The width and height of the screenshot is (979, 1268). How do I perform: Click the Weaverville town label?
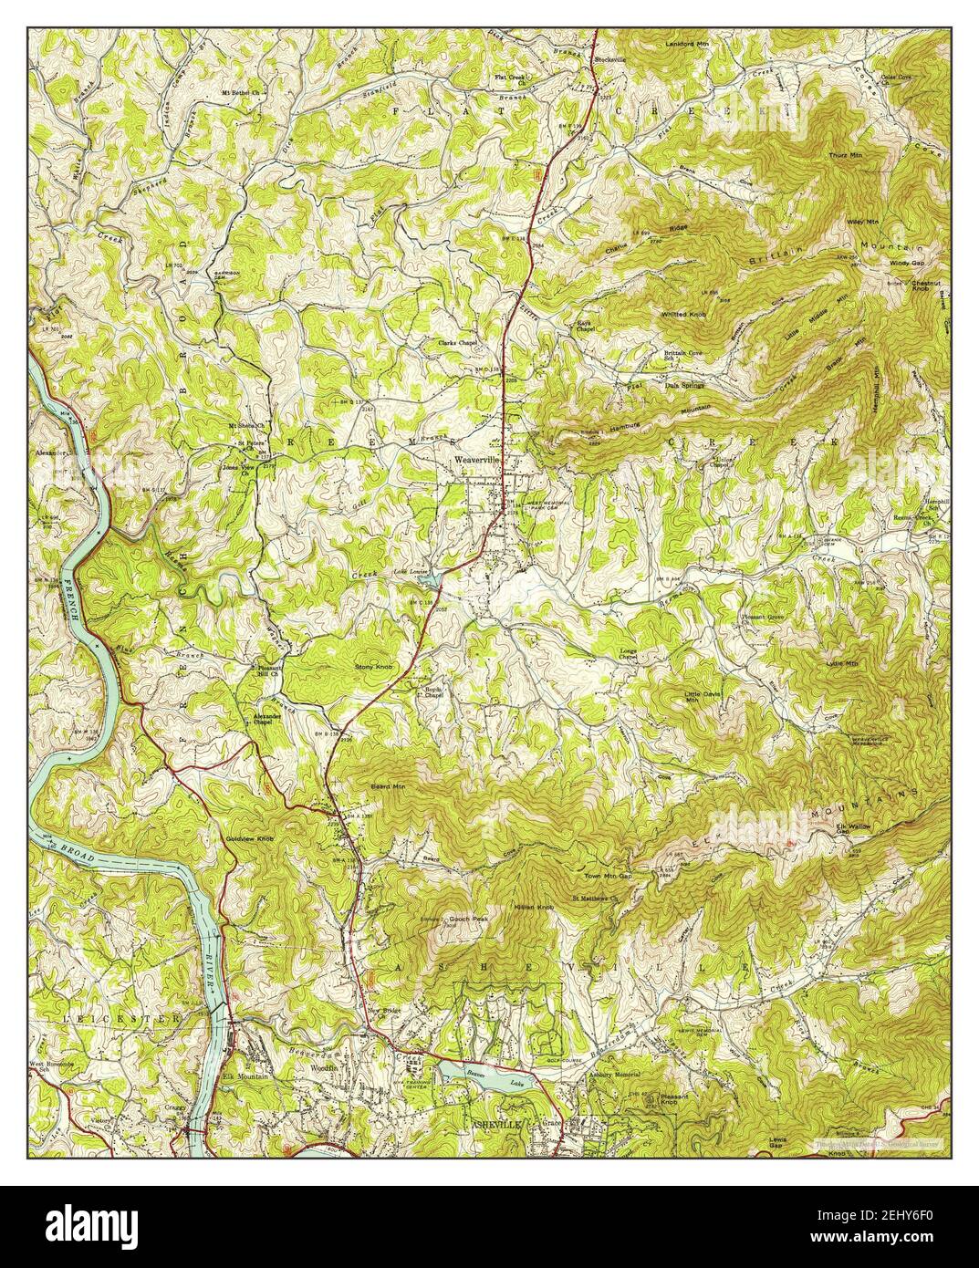pos(477,462)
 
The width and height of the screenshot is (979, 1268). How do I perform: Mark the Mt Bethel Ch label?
pos(242,93)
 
